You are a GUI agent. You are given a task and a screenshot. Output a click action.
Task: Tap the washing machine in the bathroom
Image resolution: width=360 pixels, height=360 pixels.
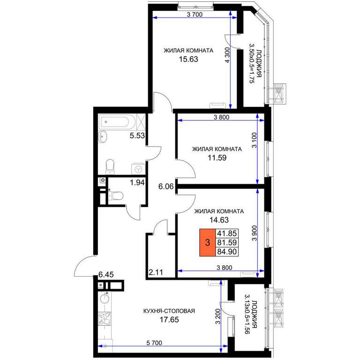click(x=138, y=169)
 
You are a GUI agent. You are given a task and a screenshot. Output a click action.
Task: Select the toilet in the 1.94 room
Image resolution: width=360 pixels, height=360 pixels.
click(x=116, y=196)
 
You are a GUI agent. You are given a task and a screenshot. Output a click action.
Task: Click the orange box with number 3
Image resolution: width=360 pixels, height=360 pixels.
click(x=208, y=242)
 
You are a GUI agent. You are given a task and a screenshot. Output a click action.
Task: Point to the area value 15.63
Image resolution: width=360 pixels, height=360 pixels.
click(x=188, y=59)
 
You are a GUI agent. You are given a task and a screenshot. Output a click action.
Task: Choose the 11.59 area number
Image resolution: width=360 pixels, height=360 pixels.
click(x=217, y=157)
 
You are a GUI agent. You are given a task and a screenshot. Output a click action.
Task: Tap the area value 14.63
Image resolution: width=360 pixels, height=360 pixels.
click(x=219, y=220)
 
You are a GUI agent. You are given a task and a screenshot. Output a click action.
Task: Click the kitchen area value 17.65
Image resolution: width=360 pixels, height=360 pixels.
click(x=169, y=320)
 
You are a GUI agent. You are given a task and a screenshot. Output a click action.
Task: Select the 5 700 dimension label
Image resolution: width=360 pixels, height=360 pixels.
click(x=154, y=343)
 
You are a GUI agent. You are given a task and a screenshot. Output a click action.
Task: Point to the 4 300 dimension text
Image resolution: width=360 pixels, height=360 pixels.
click(x=227, y=55)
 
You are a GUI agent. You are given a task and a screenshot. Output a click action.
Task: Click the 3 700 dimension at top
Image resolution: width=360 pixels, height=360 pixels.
click(x=195, y=15)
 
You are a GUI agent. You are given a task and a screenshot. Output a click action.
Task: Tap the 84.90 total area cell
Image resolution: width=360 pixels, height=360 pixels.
click(x=227, y=252)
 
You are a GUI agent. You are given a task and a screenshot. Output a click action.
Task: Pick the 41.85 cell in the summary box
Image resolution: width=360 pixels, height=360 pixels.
click(x=227, y=233)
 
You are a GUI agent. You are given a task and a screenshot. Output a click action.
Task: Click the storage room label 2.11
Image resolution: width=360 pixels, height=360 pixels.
click(x=156, y=272)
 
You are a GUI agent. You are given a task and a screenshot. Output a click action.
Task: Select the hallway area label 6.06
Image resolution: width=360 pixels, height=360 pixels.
click(x=166, y=187)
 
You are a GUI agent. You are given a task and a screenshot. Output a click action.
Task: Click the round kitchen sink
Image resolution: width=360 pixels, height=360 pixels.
click(x=105, y=299)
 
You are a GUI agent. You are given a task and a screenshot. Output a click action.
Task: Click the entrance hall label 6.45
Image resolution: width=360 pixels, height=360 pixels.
click(x=106, y=274)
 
